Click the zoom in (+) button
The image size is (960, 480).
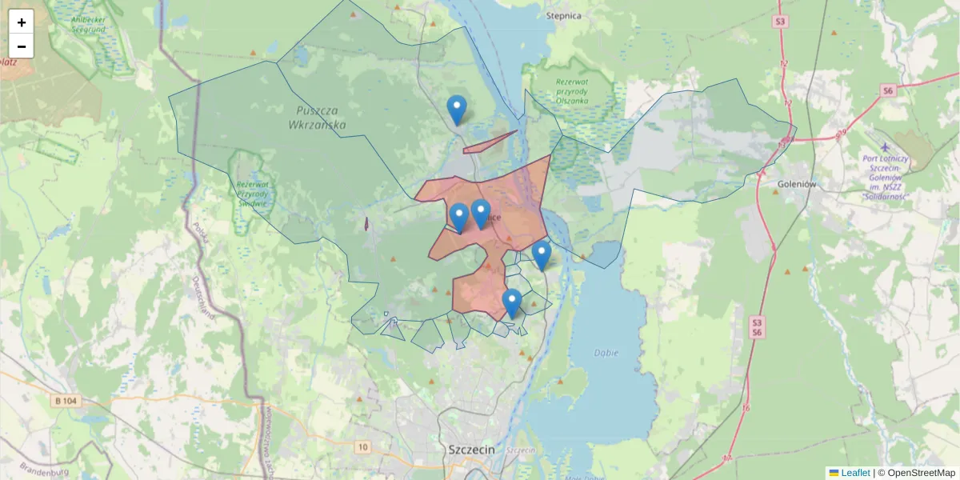coord(22,22)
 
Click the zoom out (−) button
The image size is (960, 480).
coord(22,46)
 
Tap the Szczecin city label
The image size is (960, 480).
coord(471,450)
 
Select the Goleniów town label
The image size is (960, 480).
coord(796,183)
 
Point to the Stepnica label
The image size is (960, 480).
coord(564,14)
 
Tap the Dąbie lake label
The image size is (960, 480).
coord(606,353)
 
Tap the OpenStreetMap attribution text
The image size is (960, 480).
coord(916,473)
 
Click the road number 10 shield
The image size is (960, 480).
coord(364,446)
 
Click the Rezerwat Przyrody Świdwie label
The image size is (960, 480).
coord(253,193)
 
